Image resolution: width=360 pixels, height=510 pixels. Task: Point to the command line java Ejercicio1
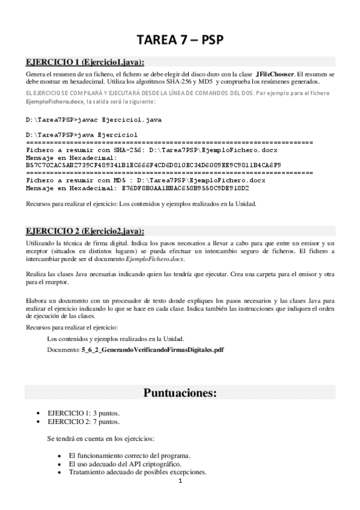click(82, 134)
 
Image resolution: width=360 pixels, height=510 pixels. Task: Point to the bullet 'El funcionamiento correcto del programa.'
click(130, 455)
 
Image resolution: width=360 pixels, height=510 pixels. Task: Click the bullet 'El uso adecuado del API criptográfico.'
click(125, 464)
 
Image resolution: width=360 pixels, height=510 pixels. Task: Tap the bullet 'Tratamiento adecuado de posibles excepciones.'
click(138, 472)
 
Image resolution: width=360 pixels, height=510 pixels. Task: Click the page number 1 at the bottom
click(180, 481)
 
